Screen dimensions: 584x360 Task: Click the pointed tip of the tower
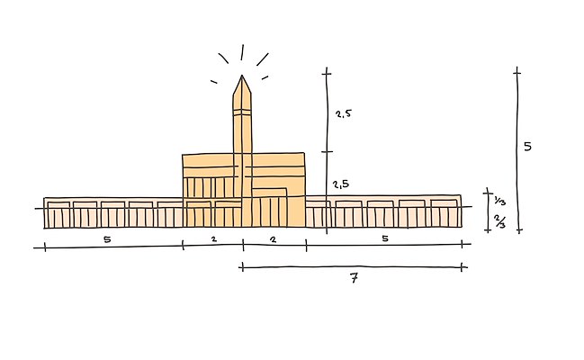point(242,76)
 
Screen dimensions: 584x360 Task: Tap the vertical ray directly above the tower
point(242,52)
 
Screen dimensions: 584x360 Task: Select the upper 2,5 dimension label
point(343,113)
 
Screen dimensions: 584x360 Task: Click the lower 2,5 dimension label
point(341,184)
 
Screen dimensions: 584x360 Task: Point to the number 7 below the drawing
point(355,278)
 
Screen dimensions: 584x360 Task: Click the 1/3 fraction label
point(499,201)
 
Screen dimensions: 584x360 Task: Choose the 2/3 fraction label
point(499,221)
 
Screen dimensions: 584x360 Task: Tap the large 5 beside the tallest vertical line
point(528,147)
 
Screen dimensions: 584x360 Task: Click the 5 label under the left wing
point(107,239)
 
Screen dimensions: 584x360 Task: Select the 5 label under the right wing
point(385,238)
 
